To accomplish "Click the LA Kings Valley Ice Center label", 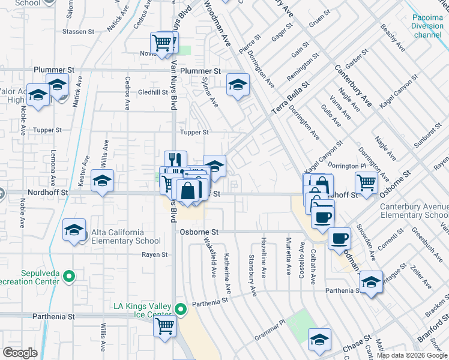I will (x=143, y=310).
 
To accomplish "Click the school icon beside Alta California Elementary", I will (x=74, y=230).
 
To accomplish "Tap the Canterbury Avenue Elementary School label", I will (x=414, y=211).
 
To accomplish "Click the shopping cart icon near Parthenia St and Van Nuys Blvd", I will (x=164, y=326).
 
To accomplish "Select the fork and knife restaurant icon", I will (x=175, y=160).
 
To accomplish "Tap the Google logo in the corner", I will (x=20, y=353).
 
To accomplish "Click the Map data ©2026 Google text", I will (x=412, y=355).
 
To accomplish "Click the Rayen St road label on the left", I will (x=155, y=254).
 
